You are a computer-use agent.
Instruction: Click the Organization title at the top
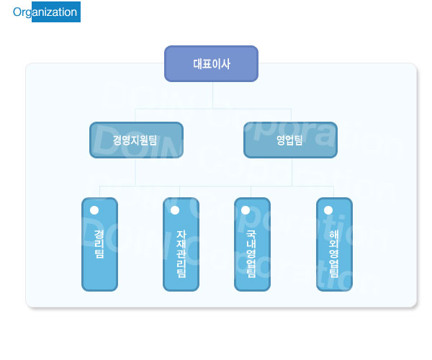[45, 12]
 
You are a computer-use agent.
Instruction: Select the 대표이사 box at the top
[211, 64]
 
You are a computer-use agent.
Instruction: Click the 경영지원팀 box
[136, 140]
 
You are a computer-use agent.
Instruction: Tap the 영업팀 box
[290, 140]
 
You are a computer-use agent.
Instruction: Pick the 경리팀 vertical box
[100, 244]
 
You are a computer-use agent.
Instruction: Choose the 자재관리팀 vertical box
[181, 244]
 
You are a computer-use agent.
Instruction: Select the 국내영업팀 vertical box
[253, 244]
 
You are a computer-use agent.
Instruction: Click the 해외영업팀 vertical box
[335, 244]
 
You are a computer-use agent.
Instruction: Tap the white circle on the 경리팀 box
[94, 210]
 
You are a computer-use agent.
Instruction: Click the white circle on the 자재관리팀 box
[175, 210]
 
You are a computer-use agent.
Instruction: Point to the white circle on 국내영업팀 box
[246, 210]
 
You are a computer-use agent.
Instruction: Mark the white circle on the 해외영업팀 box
[328, 210]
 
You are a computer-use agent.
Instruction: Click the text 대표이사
[212, 64]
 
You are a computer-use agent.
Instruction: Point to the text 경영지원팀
[135, 140]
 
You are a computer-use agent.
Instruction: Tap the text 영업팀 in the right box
[289, 140]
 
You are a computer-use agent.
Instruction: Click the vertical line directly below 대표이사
[212, 96]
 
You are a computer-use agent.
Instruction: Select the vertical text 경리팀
[99, 244]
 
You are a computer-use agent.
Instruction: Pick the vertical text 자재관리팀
[181, 254]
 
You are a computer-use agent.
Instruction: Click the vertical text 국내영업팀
[251, 254]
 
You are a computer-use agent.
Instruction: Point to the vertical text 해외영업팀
[333, 254]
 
